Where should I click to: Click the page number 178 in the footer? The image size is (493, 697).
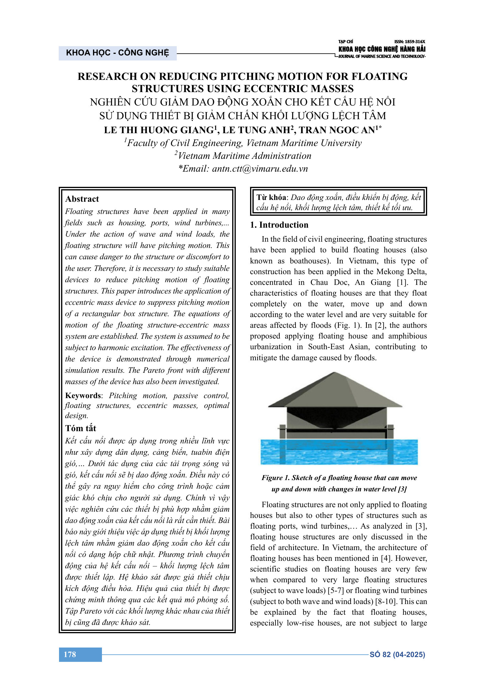70,654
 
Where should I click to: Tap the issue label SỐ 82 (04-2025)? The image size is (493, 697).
397,654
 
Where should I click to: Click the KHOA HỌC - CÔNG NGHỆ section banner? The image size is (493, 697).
117,53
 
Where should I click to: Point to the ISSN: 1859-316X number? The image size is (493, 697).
410,42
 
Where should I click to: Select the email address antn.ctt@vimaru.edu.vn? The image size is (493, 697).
260,169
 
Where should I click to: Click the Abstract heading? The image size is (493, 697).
82,199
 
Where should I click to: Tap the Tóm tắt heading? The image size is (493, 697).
80,428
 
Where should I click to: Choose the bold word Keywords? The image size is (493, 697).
83,395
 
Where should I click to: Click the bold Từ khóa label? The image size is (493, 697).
271,198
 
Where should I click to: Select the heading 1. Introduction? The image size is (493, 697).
279,225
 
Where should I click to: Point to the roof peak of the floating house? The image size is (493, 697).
334,373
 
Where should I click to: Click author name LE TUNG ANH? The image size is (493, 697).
256,130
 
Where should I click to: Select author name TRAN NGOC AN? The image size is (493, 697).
337,130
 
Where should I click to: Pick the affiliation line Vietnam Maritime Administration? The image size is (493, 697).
244,156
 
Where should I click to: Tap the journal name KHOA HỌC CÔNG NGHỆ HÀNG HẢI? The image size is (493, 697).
382,49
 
